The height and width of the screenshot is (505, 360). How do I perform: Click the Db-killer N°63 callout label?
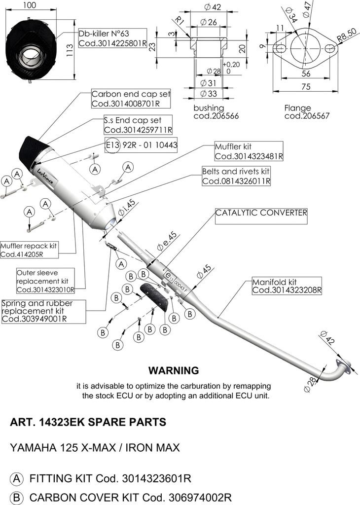112,38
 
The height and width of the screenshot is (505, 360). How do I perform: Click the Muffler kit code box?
249,151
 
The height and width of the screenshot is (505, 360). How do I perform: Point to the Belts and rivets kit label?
236,176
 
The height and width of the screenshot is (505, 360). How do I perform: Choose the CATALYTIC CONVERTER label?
261,213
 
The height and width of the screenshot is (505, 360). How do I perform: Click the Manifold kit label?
287,286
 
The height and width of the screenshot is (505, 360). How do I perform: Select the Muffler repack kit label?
29,250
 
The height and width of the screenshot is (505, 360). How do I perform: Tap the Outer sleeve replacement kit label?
45,281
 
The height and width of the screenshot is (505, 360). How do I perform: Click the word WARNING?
174,370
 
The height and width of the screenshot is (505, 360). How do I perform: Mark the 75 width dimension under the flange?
306,86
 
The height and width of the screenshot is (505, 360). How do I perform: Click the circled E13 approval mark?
112,145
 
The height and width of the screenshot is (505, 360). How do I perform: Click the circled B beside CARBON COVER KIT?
16,497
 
